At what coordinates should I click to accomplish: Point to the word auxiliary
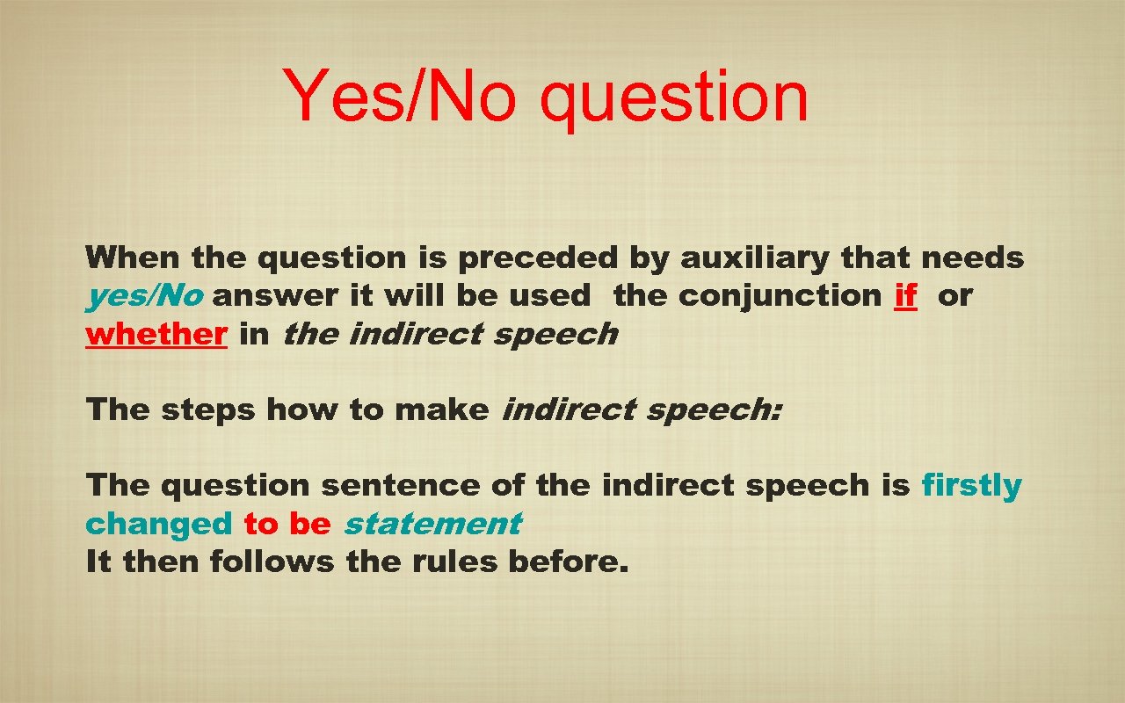coord(756,257)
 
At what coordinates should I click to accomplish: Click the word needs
coord(973,257)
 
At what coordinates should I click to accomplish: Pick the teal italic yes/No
coord(144,296)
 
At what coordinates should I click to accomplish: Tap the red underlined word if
coord(905,296)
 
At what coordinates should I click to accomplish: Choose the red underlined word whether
coord(156,334)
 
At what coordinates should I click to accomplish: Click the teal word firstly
coord(971,485)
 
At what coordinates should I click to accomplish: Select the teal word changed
coord(158,524)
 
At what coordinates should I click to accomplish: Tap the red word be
coord(309,524)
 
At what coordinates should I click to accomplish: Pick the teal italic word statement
coord(432,524)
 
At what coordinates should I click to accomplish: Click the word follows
coord(273,562)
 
